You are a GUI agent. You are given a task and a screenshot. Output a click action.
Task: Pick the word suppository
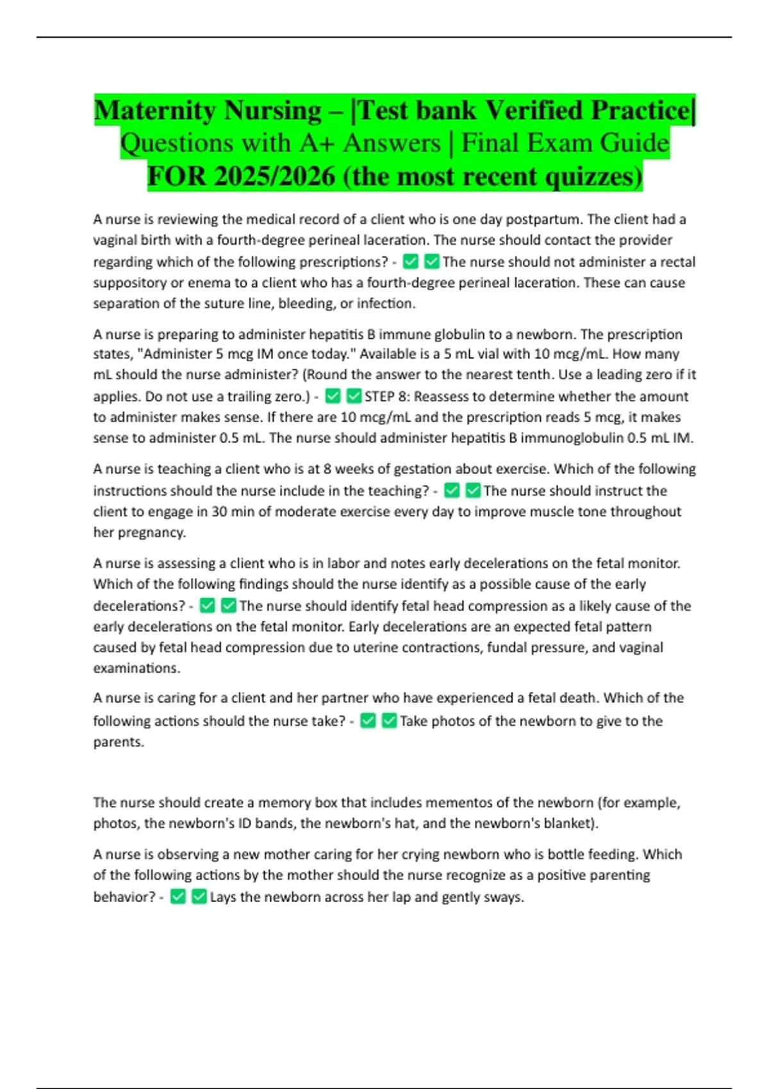click(129, 282)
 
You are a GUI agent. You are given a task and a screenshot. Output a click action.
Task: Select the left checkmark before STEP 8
click(333, 397)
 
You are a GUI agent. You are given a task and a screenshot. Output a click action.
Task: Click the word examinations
click(136, 667)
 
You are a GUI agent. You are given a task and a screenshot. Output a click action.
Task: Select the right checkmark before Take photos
click(389, 721)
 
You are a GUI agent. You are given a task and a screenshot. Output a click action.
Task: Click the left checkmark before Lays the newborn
click(178, 897)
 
